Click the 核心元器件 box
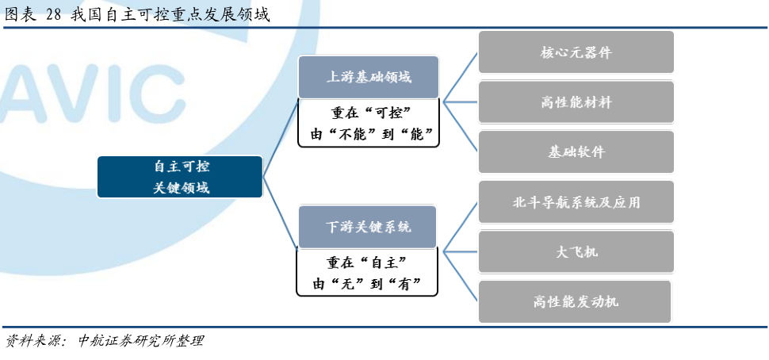(576, 52)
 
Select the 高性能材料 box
(576, 102)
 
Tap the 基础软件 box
(576, 151)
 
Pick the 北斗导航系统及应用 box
(576, 201)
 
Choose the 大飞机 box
(576, 251)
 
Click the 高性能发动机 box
(575, 301)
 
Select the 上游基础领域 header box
(369, 77)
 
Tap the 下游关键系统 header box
(367, 227)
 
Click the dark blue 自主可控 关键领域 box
(180, 177)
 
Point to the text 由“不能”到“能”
(369, 134)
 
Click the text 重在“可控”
(369, 113)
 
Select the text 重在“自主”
(367, 262)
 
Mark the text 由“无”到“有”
(367, 284)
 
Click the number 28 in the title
(53, 15)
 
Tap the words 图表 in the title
(21, 15)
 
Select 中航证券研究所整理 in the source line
(140, 341)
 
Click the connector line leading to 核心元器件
(461, 77)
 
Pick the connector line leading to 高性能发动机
(461, 277)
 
